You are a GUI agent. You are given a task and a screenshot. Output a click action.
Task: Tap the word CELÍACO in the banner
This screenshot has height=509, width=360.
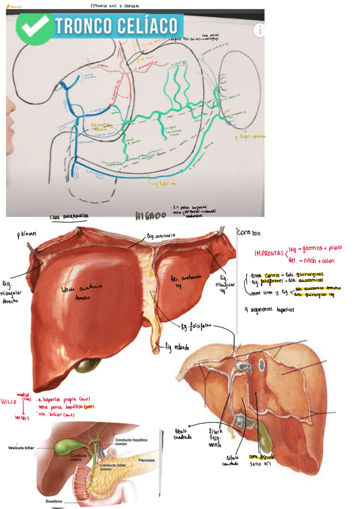(148, 26)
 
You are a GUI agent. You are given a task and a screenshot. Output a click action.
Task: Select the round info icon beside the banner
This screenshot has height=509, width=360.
(259, 30)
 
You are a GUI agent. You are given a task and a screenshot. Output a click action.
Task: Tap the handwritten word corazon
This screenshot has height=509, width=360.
(248, 232)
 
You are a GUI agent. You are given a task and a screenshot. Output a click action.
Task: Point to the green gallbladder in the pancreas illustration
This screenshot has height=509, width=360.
(63, 447)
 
